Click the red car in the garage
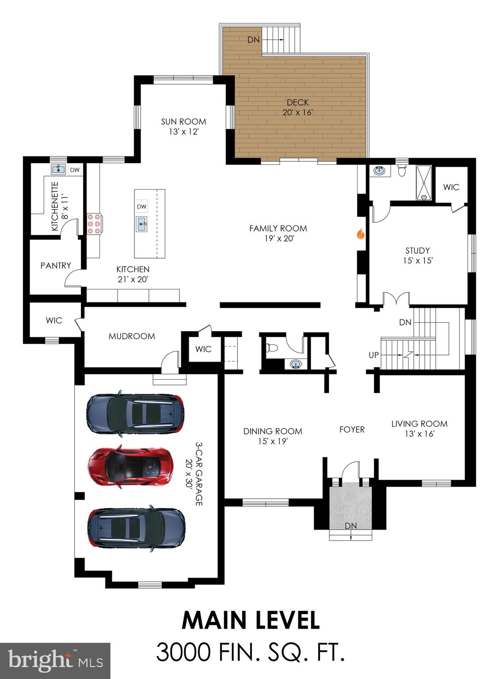click(130, 467)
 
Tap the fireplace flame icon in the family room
click(360, 233)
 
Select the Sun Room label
click(183, 122)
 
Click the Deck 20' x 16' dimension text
click(297, 112)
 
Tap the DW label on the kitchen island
click(141, 206)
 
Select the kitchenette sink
click(57, 169)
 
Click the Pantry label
click(56, 266)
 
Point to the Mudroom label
click(132, 336)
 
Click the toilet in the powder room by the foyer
click(271, 348)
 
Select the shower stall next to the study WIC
click(424, 183)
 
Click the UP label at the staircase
click(373, 355)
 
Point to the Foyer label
click(352, 429)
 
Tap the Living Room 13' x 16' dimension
click(419, 434)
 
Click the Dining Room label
click(273, 431)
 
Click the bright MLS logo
click(55, 661)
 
